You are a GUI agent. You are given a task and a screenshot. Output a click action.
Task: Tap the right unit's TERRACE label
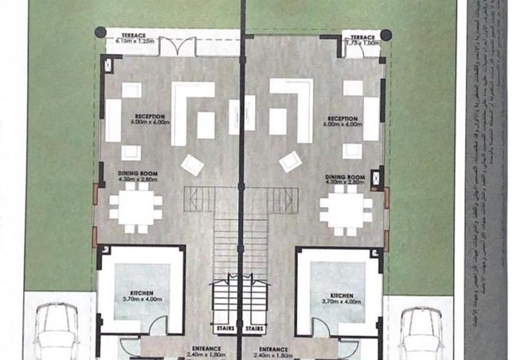(x=362, y=36)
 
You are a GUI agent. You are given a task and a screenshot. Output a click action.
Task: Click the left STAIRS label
(x=225, y=327)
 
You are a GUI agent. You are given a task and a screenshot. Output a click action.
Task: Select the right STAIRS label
(x=256, y=327)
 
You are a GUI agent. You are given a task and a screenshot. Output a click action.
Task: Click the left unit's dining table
(x=135, y=209)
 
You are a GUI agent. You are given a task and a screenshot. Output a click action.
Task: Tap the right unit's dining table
(x=346, y=209)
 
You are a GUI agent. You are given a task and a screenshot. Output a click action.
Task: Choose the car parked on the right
(x=421, y=333)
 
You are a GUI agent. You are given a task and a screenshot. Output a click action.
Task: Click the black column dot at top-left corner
(x=100, y=33)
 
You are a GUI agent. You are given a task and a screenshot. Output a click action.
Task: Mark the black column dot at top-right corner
(x=385, y=35)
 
